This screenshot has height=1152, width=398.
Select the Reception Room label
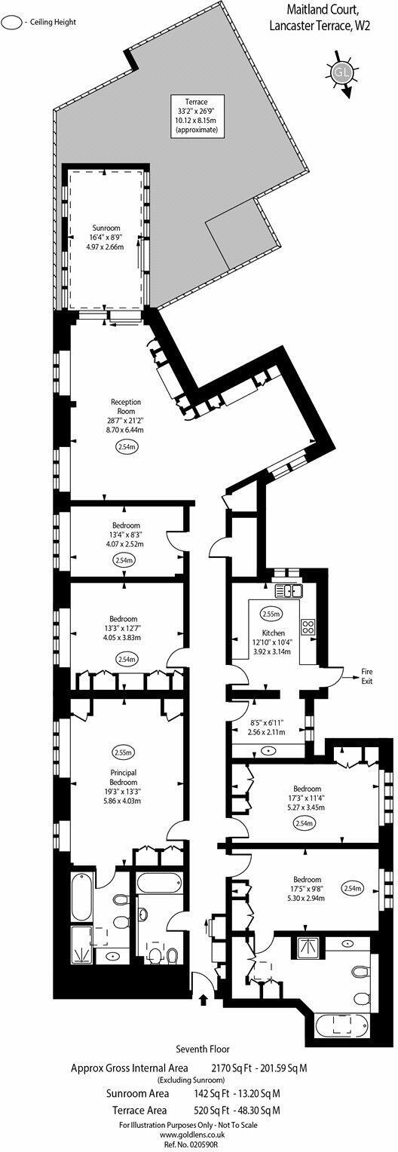(x=126, y=406)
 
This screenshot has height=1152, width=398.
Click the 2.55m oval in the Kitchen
(x=271, y=614)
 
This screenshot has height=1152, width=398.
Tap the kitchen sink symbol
(x=289, y=590)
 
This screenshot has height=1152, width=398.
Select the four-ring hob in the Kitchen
(x=308, y=626)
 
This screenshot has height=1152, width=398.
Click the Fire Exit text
(x=366, y=676)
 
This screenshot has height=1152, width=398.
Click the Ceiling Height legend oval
(x=12, y=22)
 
